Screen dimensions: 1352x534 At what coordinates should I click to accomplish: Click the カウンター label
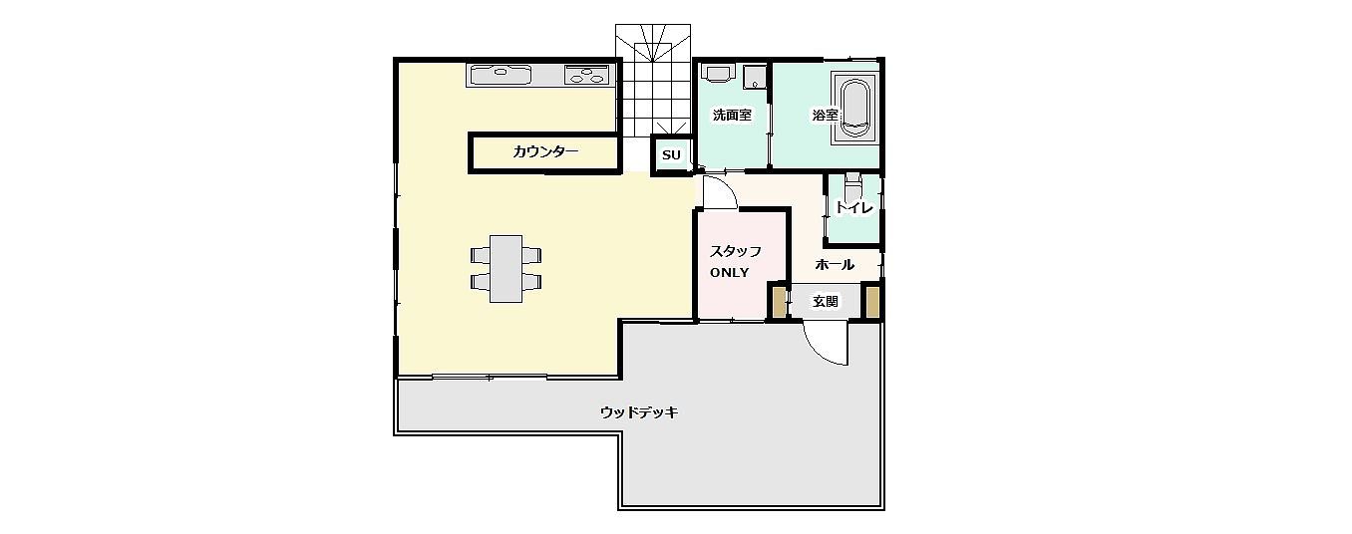tap(545, 151)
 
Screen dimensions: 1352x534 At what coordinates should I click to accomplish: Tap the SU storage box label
tap(671, 155)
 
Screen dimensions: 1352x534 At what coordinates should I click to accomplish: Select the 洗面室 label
tap(732, 115)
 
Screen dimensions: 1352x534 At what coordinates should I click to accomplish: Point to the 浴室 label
tap(825, 115)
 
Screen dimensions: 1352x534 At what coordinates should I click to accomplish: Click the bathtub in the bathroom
tap(854, 108)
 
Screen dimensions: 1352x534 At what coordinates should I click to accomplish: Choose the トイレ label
tap(854, 207)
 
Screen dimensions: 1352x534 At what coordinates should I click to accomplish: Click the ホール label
tap(835, 264)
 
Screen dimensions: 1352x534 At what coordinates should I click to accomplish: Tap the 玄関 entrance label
tap(826, 301)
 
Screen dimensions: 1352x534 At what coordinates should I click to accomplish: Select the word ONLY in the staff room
tap(729, 273)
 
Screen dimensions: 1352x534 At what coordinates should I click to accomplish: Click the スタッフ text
tap(735, 251)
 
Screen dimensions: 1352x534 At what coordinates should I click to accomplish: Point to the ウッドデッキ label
tap(639, 412)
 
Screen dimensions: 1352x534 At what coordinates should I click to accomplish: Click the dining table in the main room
tap(506, 269)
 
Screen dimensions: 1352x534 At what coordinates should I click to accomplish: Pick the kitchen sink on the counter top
tap(501, 76)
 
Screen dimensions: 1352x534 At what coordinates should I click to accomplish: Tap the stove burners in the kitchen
tap(586, 75)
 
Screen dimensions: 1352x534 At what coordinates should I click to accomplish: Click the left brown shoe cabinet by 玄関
tap(780, 302)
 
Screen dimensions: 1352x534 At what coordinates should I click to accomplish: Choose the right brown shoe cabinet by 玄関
tap(872, 302)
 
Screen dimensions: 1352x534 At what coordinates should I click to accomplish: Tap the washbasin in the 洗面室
tap(718, 73)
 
